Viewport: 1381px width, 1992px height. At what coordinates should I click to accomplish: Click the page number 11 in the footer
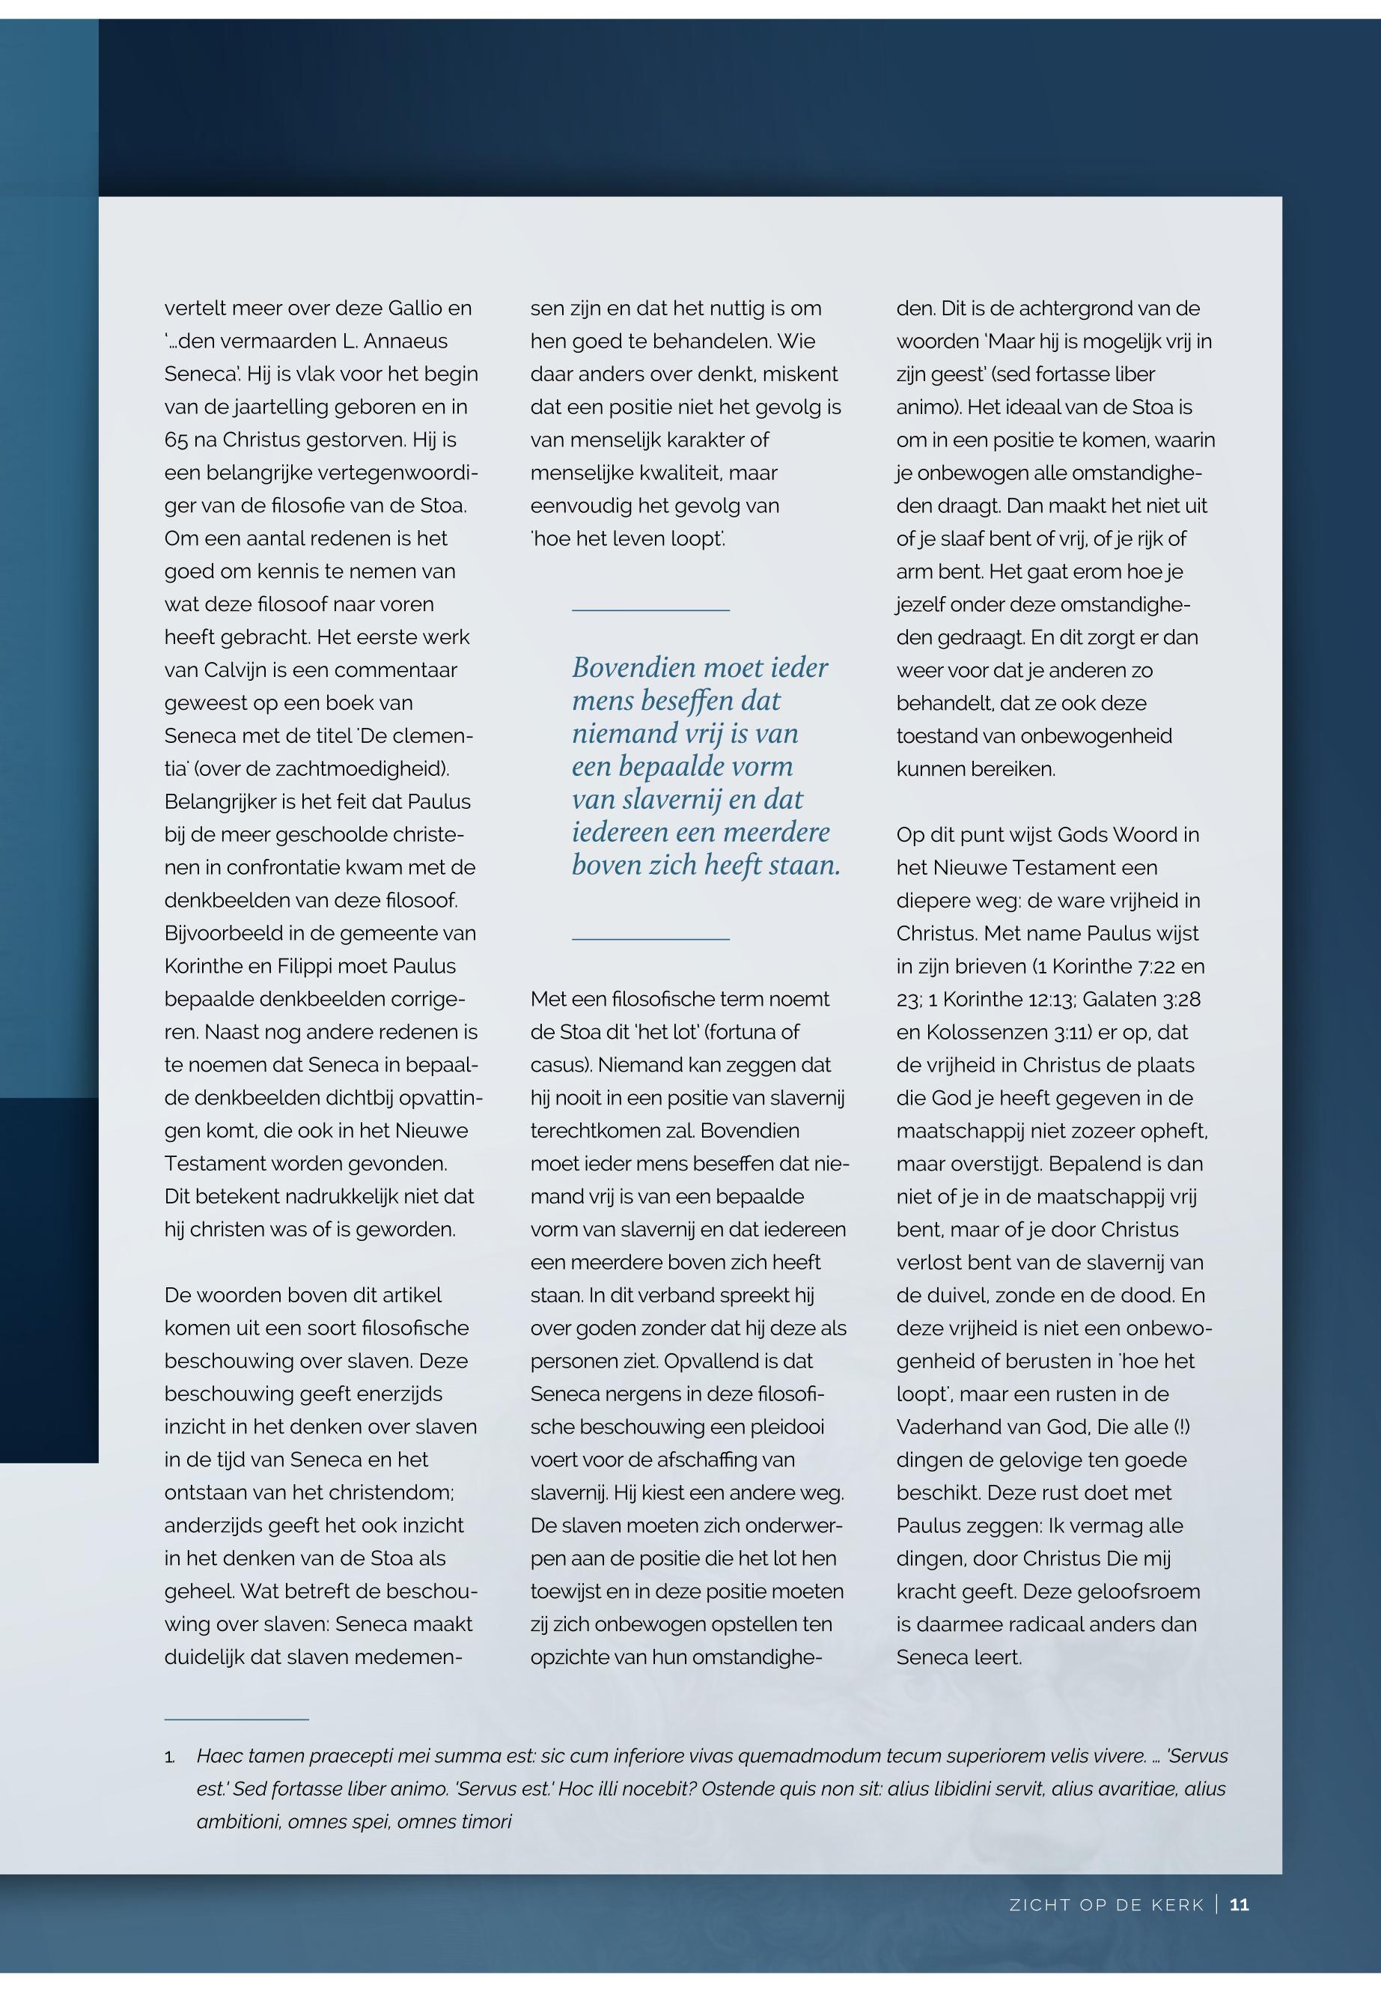coord(1239,1904)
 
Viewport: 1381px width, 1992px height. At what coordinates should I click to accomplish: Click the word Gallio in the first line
coord(415,309)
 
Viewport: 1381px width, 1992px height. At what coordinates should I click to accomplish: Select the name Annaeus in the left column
coord(406,341)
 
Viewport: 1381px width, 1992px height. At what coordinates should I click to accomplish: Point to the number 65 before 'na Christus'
coord(176,440)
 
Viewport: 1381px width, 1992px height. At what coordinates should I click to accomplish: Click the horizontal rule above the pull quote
coord(650,610)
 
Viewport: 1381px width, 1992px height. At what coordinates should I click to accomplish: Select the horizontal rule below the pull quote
coord(650,938)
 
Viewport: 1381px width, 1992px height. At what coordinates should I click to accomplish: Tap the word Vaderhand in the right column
coord(950,1427)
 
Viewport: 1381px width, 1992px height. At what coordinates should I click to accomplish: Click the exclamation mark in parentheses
coord(1181,1427)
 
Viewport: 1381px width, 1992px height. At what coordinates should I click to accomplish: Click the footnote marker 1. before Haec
coord(170,1757)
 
